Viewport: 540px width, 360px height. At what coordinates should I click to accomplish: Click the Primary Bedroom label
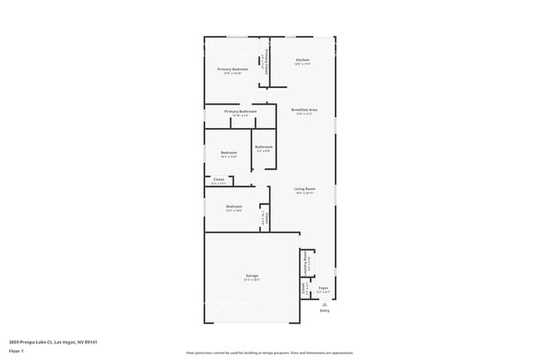click(x=233, y=69)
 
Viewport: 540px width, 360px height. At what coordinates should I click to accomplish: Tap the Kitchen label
click(x=302, y=60)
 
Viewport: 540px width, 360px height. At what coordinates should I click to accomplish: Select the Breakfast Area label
click(x=302, y=110)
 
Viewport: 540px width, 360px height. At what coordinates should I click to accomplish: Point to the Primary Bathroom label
click(x=240, y=111)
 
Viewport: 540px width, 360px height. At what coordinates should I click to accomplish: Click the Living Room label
click(x=304, y=189)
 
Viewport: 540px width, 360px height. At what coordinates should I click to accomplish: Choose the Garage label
click(x=251, y=275)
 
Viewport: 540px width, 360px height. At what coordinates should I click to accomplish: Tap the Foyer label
click(x=324, y=288)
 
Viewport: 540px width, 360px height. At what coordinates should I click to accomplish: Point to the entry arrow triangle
click(x=324, y=306)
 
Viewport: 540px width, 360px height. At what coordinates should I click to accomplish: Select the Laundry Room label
click(x=306, y=260)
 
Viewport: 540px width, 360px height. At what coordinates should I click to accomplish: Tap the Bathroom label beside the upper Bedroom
click(x=263, y=146)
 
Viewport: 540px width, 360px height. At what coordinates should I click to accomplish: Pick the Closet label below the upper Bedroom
click(x=218, y=179)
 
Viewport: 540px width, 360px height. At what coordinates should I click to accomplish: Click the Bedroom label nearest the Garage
click(x=234, y=206)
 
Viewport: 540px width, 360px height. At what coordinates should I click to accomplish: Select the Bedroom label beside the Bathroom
click(x=228, y=152)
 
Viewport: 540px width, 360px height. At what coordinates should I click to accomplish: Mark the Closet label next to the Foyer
click(x=304, y=288)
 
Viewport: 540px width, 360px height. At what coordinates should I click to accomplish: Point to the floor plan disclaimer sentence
click(x=269, y=353)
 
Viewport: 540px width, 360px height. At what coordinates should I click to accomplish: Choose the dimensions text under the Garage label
click(x=251, y=279)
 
